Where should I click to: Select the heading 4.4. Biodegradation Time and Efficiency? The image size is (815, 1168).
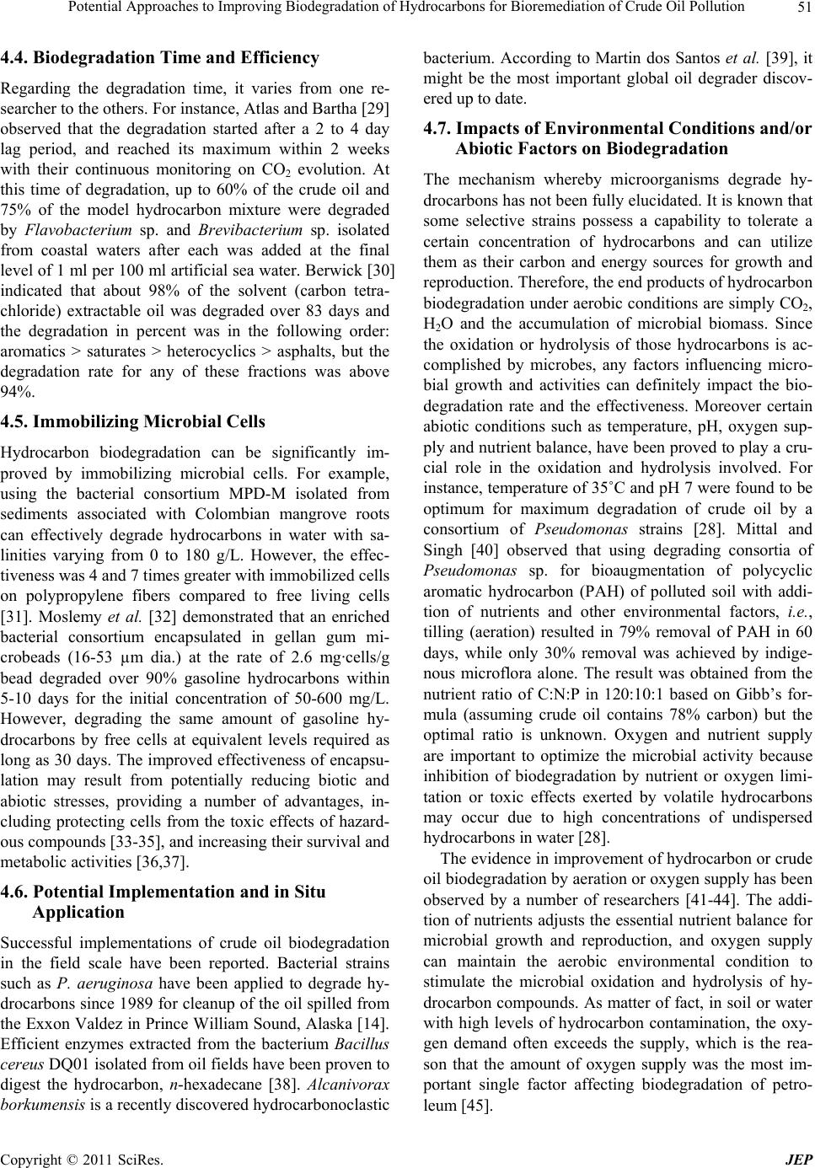coord(160,58)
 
